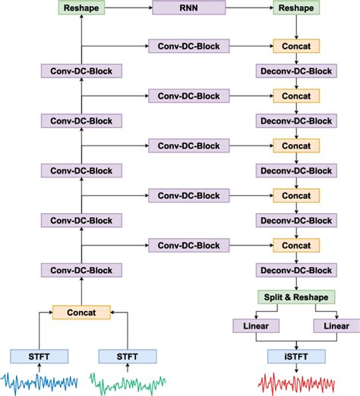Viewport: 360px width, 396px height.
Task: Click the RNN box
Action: pos(188,8)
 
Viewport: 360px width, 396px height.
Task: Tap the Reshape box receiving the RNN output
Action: pos(296,8)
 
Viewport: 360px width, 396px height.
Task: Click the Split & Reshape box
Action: pos(296,297)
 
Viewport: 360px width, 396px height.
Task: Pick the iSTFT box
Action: pos(296,355)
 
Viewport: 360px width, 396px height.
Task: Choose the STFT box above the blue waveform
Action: pos(39,355)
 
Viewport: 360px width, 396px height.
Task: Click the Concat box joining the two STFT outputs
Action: pos(81,312)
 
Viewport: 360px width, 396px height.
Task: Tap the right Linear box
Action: pos(336,325)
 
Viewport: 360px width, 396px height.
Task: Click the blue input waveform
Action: pos(38,380)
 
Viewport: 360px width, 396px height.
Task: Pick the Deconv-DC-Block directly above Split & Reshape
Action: pos(296,270)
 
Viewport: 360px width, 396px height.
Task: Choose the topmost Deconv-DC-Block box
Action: pos(296,71)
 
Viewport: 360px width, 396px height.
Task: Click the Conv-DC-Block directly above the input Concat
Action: pos(81,270)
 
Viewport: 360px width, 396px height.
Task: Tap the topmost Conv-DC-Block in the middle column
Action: pos(188,46)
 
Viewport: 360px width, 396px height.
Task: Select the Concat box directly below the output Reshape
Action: pos(296,46)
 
